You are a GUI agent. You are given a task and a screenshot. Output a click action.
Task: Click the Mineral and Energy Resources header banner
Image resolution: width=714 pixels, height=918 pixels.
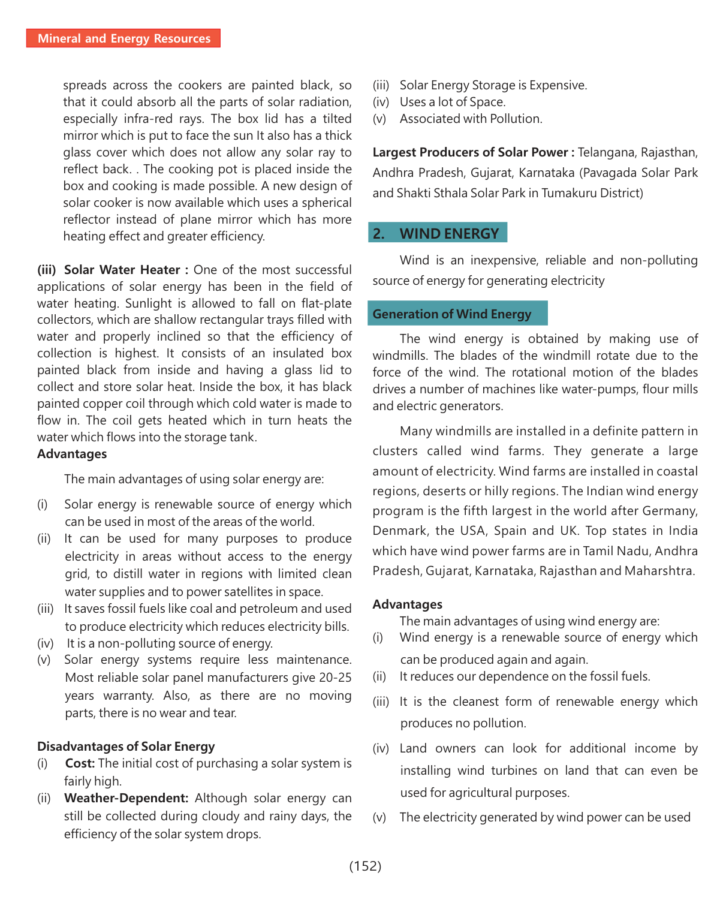123,38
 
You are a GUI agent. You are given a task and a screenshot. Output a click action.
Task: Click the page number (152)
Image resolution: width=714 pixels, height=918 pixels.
365,866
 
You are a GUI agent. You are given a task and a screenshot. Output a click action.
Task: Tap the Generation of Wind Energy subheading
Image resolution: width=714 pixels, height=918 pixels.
452,314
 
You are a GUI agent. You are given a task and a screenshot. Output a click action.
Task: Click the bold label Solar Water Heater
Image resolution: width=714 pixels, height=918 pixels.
122,270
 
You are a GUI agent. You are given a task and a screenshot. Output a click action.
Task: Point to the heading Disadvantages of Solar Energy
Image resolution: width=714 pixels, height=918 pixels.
126,747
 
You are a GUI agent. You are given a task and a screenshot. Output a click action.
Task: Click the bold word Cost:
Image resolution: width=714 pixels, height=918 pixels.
80,763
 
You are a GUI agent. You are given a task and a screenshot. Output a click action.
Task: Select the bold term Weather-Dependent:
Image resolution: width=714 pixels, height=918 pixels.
126,798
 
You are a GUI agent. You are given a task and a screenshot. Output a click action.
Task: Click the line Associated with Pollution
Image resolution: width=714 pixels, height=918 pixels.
471,119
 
